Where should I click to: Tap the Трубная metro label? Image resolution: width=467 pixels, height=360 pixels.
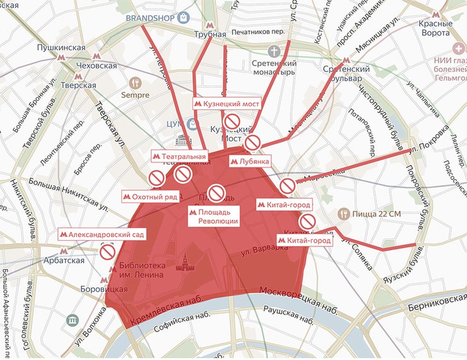point(210,34)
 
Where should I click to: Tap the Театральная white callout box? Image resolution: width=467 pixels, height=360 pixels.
point(180,156)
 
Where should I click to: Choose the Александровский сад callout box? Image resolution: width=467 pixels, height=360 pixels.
point(102,234)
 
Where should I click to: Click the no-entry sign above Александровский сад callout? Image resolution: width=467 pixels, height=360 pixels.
point(107,253)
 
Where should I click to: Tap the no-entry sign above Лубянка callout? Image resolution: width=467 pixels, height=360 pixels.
point(252,143)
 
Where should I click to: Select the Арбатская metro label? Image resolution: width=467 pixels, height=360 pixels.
point(64,261)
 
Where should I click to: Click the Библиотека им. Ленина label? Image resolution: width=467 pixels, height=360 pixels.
point(141,270)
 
